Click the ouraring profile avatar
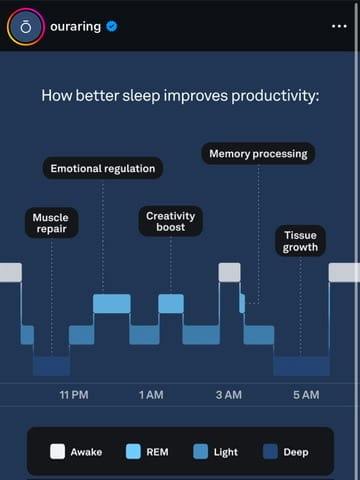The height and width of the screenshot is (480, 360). pyautogui.click(x=26, y=27)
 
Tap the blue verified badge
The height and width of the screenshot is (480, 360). pyautogui.click(x=112, y=26)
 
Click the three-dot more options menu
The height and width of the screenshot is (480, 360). pyautogui.click(x=339, y=26)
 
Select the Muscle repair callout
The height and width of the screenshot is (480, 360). pyautogui.click(x=52, y=223)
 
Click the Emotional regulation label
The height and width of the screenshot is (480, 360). pyautogui.click(x=103, y=168)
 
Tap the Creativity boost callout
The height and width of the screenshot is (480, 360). pyautogui.click(x=171, y=221)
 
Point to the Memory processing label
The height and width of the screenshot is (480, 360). pyautogui.click(x=258, y=154)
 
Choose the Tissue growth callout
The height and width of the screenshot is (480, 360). pyautogui.click(x=300, y=241)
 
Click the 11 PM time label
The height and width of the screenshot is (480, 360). pyautogui.click(x=74, y=395)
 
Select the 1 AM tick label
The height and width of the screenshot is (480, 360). pyautogui.click(x=151, y=395)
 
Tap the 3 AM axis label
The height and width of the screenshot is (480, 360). pyautogui.click(x=229, y=395)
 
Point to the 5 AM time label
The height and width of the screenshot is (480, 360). pyautogui.click(x=306, y=395)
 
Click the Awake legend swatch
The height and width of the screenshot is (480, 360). pyautogui.click(x=57, y=452)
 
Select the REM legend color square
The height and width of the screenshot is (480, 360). pyautogui.click(x=133, y=452)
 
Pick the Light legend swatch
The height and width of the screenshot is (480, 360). pyautogui.click(x=201, y=452)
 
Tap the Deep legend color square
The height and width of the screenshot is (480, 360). pyautogui.click(x=270, y=452)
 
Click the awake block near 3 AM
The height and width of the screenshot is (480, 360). pyautogui.click(x=229, y=272)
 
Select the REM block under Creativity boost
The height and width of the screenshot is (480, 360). pyautogui.click(x=171, y=304)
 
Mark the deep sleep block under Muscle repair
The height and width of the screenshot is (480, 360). pyautogui.click(x=52, y=366)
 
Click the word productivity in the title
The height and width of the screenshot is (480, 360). pyautogui.click(x=275, y=96)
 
